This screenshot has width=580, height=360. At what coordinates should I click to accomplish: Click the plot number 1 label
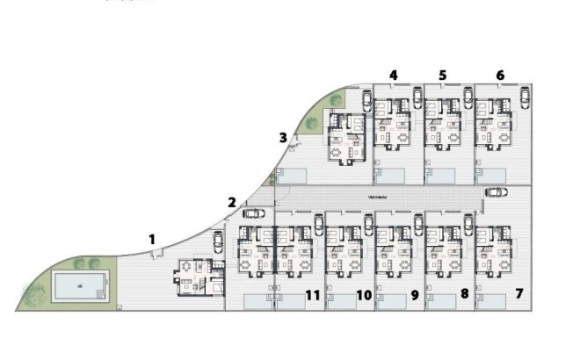coord(152,238)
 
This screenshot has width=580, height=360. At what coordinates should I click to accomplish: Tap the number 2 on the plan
coord(231,203)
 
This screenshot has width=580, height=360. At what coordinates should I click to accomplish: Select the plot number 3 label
coord(282,137)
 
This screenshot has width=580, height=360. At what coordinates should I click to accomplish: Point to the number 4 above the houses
coord(393,76)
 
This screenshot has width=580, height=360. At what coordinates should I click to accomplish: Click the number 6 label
coord(442,76)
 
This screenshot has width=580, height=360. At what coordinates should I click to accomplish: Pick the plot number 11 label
coord(500,76)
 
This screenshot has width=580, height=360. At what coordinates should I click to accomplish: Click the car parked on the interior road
coord(496,191)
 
